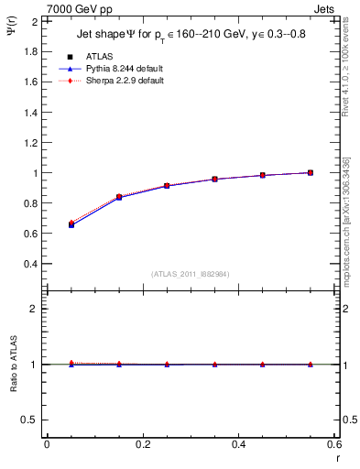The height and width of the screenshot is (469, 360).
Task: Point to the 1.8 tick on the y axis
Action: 29,51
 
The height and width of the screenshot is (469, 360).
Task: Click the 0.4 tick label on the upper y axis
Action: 29,264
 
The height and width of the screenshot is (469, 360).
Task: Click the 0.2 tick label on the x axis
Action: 143,444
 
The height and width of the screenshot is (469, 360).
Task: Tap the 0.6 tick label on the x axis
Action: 335,444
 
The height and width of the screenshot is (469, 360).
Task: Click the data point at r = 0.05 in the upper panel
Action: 71,224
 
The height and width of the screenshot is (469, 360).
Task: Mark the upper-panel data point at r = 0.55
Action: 311,172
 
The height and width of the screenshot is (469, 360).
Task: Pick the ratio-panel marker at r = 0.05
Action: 71,364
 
